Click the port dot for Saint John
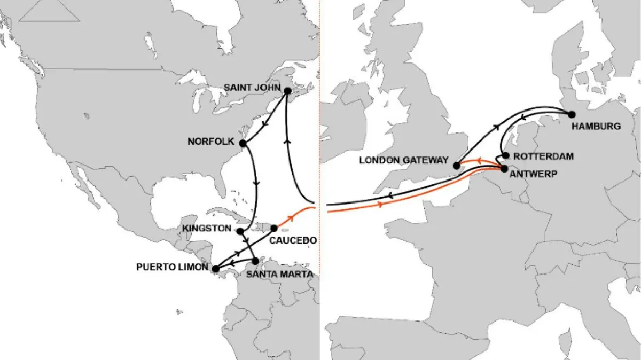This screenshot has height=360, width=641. [287, 91]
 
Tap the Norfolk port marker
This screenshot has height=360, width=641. [243, 143]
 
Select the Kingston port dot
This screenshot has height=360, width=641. [240, 231]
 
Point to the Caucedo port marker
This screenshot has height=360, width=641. [274, 228]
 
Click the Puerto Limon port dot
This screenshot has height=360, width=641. [215, 269]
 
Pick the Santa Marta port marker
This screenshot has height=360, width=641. [256, 261]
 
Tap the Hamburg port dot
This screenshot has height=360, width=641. [572, 114]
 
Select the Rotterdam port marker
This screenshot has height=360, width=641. [505, 155]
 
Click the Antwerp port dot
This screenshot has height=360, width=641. [504, 169]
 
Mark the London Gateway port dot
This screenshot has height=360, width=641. [457, 166]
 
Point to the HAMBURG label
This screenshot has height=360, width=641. [596, 127]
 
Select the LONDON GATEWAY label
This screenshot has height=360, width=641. [404, 160]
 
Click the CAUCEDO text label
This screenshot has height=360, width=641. [293, 241]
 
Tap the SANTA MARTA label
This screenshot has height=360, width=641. [279, 275]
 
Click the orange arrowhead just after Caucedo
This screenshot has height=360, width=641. [291, 218]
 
